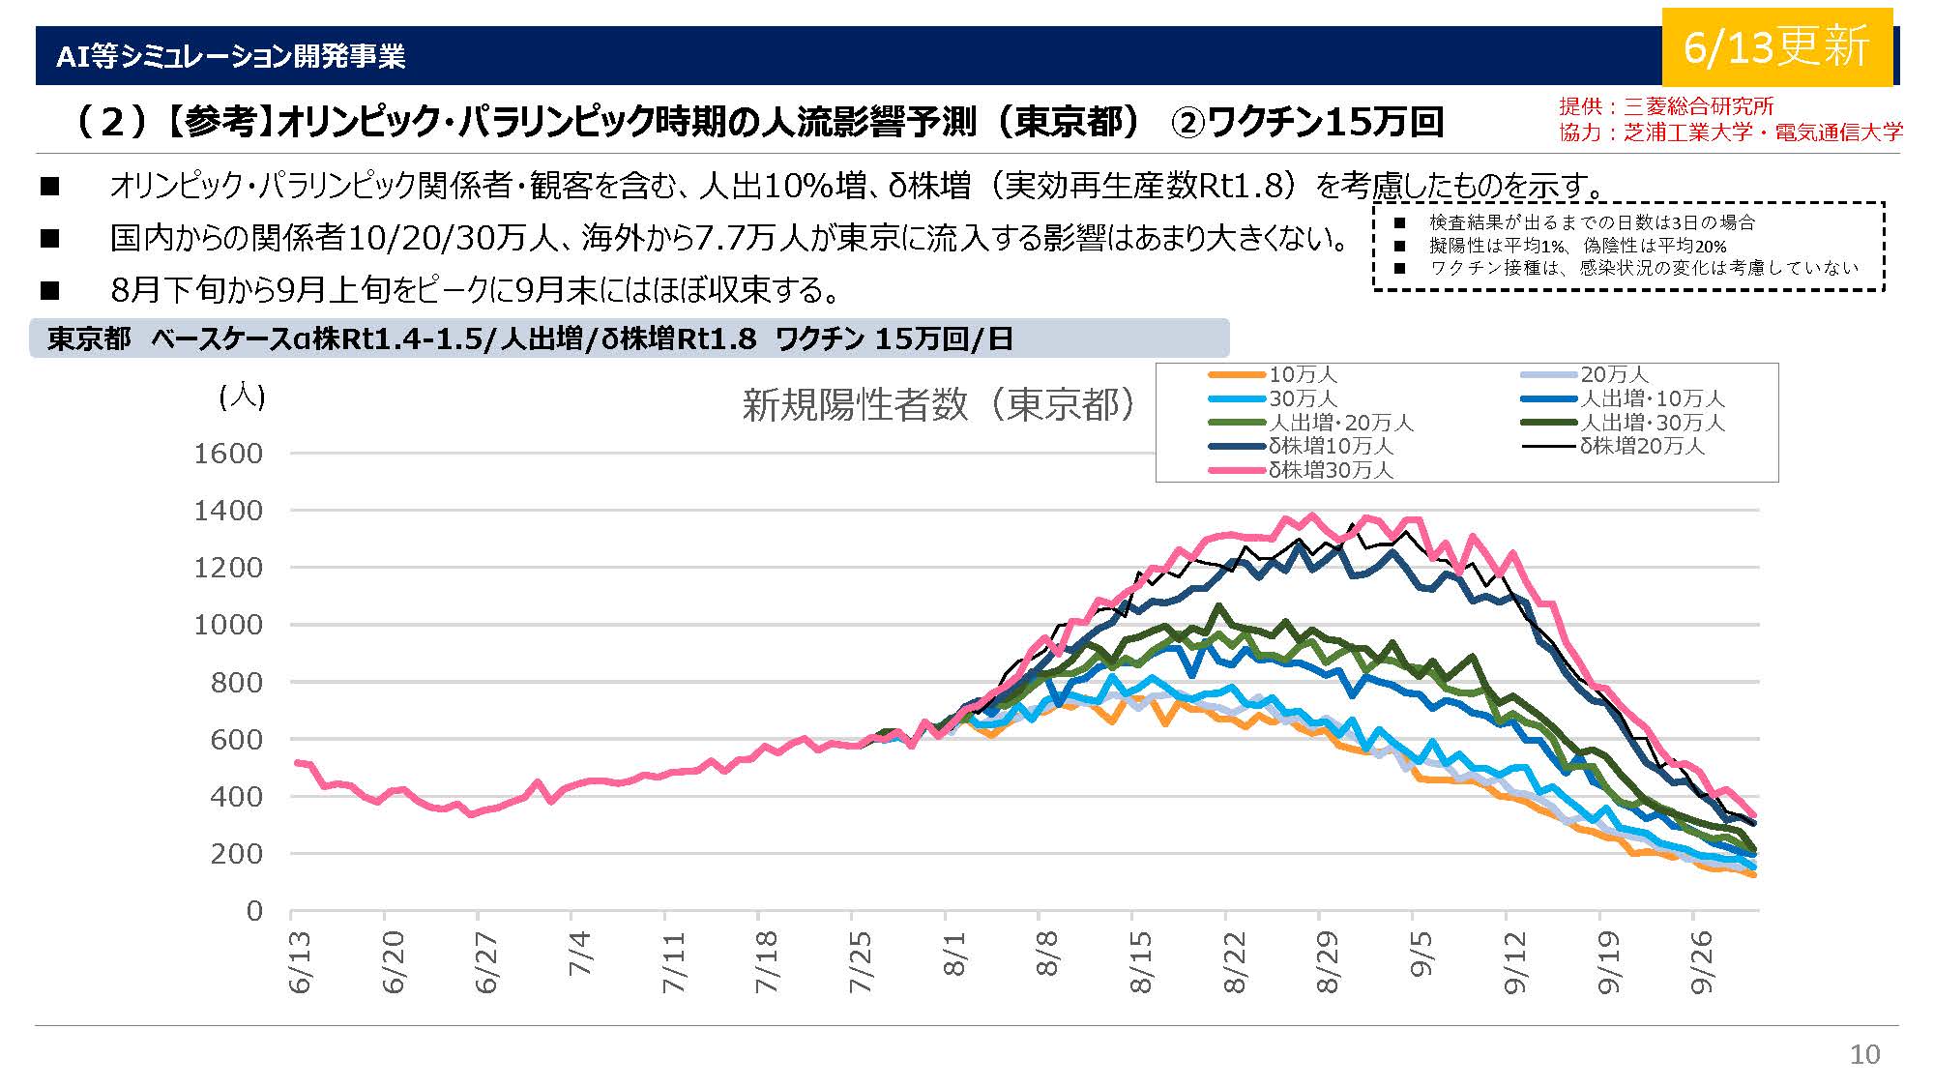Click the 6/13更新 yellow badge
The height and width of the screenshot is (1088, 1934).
pos(1776,46)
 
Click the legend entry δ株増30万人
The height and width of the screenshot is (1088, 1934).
pos(1331,470)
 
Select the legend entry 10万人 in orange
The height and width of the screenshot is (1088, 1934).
pos(1303,374)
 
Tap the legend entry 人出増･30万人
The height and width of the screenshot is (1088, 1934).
pos(1652,423)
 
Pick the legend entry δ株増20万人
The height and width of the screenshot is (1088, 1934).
pos(1642,446)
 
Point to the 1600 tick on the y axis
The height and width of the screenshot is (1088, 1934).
pos(228,454)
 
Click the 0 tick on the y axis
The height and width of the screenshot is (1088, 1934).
pos(254,911)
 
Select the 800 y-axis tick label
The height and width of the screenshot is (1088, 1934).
pos(237,683)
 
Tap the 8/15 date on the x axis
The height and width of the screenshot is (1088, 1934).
pos(1140,961)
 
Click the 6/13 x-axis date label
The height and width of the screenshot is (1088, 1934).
pos(300,961)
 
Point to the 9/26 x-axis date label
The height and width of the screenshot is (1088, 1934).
pos(1701,961)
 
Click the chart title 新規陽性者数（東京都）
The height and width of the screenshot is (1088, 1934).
pos(938,405)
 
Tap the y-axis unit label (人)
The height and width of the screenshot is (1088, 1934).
pos(242,396)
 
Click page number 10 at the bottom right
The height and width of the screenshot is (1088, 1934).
pos(1864,1054)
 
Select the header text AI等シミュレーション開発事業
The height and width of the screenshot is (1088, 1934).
pos(230,56)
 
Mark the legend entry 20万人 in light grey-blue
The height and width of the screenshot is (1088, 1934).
pos(1614,374)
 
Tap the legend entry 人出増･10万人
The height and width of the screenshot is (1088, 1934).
pos(1652,398)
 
